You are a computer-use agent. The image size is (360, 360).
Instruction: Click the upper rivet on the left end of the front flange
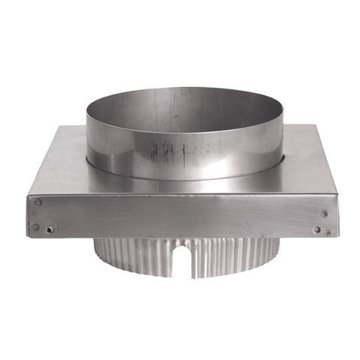(x=38, y=202)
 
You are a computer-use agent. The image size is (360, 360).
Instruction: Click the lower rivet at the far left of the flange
(x=35, y=226)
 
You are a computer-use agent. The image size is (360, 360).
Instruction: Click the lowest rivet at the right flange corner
(x=328, y=232)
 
